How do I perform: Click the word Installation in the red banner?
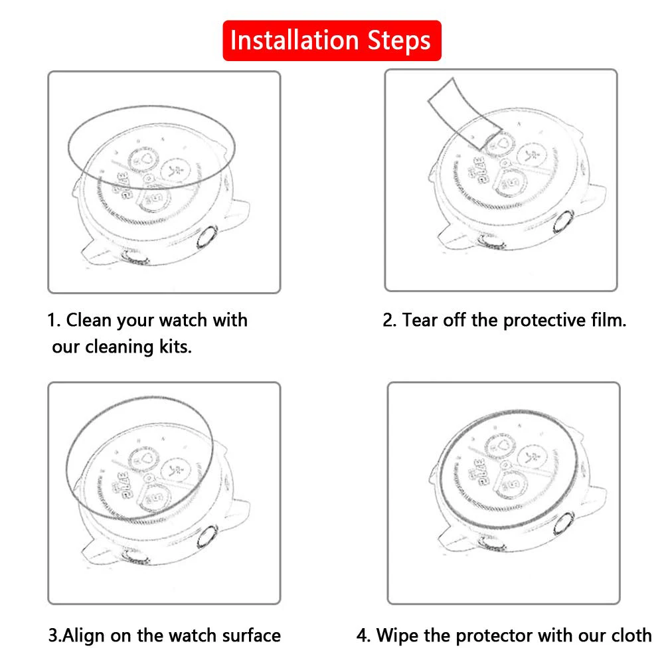294,41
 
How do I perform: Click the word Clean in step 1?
90,320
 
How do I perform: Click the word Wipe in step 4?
397,635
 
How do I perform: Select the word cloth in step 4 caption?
631,635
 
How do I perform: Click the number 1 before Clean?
52,320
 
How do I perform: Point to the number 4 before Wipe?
363,635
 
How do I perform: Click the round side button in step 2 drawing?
564,222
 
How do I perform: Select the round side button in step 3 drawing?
207,537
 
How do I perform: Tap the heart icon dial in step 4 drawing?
500,446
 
